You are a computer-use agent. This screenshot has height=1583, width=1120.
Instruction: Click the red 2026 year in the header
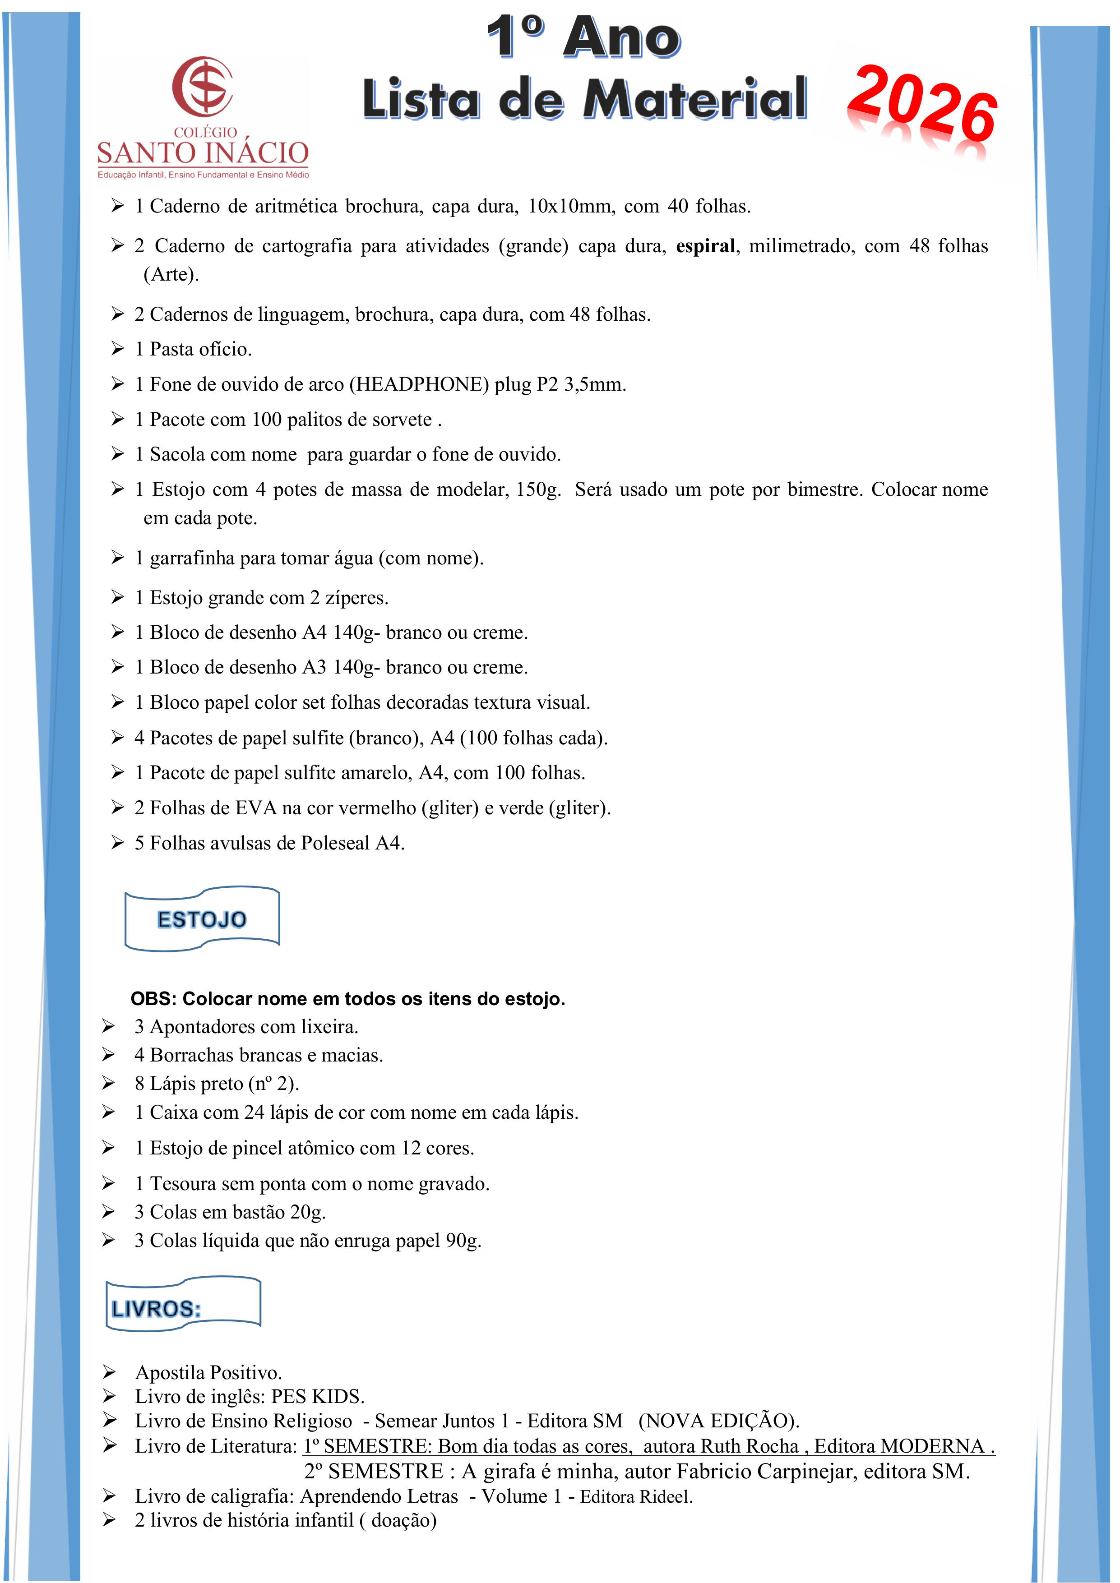click(922, 103)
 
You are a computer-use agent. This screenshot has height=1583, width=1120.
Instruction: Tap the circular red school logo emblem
click(202, 86)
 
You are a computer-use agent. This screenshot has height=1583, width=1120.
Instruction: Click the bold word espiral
click(705, 246)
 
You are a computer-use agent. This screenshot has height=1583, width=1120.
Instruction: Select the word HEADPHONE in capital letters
click(419, 384)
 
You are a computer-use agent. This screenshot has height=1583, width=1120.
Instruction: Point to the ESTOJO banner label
click(201, 919)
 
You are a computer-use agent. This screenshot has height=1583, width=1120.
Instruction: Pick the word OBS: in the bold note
click(154, 999)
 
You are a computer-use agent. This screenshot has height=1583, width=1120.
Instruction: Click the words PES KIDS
click(317, 1396)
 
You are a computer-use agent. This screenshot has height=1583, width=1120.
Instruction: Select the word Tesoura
click(184, 1183)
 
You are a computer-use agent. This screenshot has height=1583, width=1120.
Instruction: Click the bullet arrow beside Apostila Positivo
click(109, 1371)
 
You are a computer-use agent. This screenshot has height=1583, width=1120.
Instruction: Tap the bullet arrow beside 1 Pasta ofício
click(118, 349)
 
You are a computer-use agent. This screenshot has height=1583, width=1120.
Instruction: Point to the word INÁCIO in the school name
click(257, 152)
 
